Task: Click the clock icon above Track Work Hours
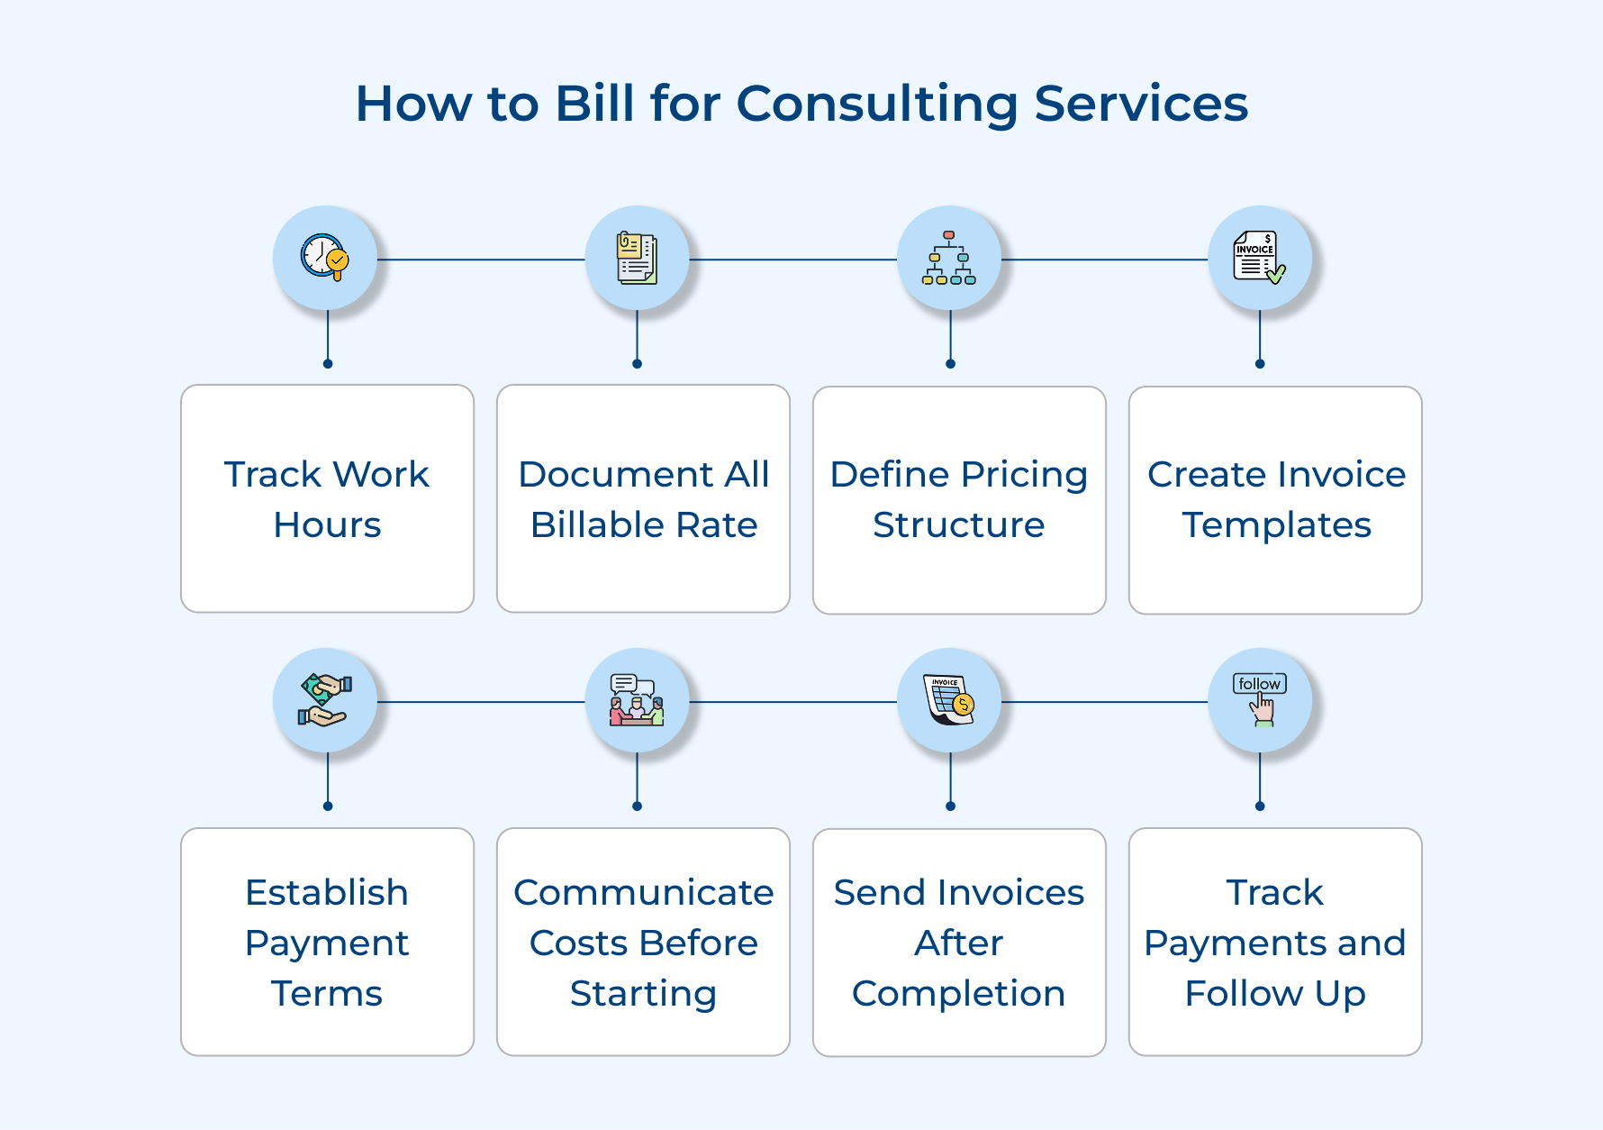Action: click(324, 258)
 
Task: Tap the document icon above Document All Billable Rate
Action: click(637, 259)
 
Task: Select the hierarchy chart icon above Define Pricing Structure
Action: click(949, 259)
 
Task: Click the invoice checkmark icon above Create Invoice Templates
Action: click(1259, 259)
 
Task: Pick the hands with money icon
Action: click(324, 700)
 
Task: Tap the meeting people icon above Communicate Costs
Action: click(637, 700)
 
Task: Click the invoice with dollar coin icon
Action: click(949, 700)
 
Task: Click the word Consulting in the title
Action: click(876, 104)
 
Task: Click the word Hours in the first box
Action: click(327, 525)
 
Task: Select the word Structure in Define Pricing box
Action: click(958, 525)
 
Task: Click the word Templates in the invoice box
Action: click(1276, 525)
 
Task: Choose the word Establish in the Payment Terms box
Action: click(327, 893)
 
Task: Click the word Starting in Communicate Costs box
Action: click(643, 994)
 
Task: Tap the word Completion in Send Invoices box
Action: click(958, 994)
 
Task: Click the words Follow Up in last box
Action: click(1275, 994)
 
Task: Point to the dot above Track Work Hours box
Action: click(328, 364)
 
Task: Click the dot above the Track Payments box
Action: click(1260, 806)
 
